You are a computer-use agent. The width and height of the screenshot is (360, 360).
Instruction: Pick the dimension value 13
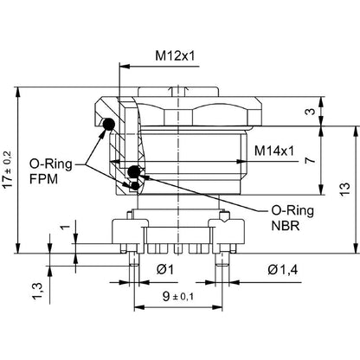(344, 189)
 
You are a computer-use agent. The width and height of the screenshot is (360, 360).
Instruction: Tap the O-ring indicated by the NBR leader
(134, 170)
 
